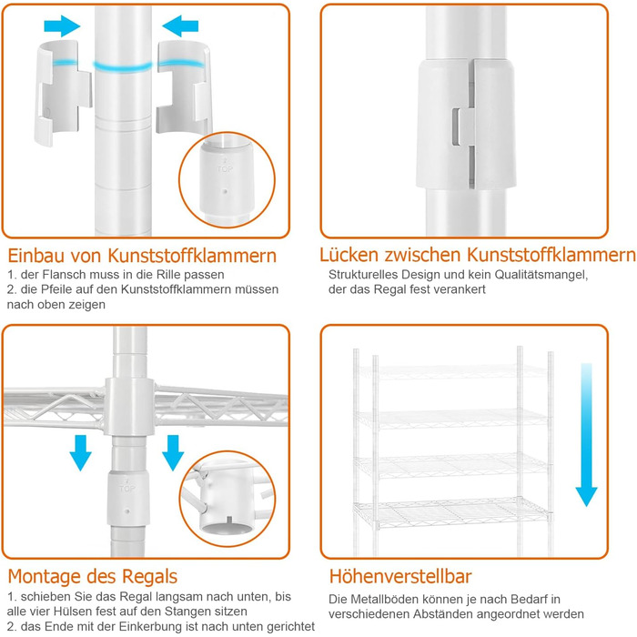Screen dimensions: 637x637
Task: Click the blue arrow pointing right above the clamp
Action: point(62,26)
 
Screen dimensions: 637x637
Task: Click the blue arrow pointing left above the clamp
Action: point(180,26)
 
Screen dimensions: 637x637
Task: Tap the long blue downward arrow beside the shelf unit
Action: point(586,435)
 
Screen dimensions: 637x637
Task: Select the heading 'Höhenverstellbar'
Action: point(400,576)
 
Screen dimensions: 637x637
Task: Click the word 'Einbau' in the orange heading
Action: point(35,256)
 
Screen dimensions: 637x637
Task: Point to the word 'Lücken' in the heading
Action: point(349,255)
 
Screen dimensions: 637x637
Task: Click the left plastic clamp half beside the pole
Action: point(62,93)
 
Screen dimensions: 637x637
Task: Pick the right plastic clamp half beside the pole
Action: point(184,87)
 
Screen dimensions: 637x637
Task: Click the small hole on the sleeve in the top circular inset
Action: point(225,189)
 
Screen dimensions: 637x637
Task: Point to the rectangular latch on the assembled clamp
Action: point(458,126)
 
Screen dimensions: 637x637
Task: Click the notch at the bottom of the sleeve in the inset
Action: point(230,520)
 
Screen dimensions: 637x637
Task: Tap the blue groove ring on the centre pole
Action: point(123,66)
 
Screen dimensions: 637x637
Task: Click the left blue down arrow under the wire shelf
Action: point(80,452)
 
